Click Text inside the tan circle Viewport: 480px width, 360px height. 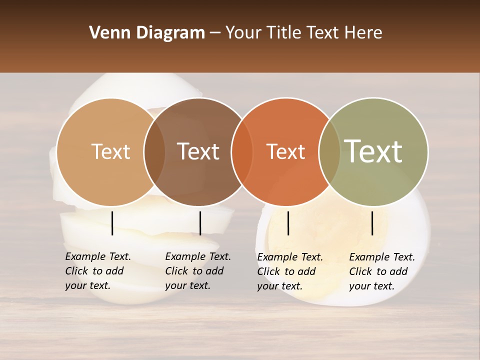click(110, 151)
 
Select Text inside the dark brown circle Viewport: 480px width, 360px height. click(198, 151)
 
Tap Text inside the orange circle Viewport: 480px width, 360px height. click(285, 151)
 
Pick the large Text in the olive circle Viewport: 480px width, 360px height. click(373, 151)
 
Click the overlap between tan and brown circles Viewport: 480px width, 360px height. click(154, 152)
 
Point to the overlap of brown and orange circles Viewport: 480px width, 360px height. click(242, 152)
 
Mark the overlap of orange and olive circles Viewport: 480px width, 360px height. click(329, 152)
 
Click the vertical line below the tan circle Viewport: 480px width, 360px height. click(112, 223)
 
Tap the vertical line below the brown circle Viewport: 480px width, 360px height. click(200, 223)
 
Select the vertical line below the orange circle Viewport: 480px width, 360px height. click(288, 223)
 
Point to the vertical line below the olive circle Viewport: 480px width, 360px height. click(372, 223)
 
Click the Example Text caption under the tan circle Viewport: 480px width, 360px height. click(97, 271)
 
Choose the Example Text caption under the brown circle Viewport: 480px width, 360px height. click(197, 271)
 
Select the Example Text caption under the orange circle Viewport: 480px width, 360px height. click(289, 271)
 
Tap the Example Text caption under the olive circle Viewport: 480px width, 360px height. click(381, 271)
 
